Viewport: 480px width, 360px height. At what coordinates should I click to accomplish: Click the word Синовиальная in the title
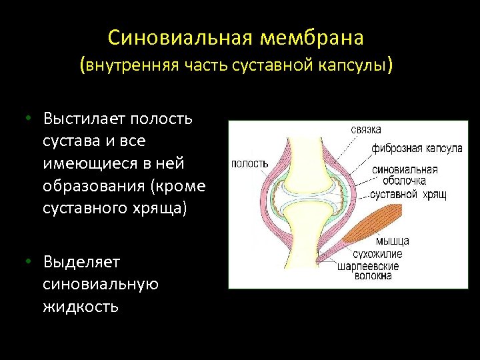(x=179, y=38)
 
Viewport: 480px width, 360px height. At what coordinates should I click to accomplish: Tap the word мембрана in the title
(x=311, y=38)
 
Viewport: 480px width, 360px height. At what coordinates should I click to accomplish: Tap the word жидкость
(x=81, y=307)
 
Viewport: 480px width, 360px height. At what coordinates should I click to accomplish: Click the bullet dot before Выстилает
(x=29, y=119)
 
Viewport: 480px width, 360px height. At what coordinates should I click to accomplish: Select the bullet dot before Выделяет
(x=29, y=261)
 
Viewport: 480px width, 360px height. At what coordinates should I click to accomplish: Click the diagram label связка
(x=366, y=129)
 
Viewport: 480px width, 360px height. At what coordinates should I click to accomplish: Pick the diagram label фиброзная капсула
(x=417, y=148)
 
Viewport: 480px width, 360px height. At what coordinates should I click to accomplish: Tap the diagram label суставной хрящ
(x=408, y=194)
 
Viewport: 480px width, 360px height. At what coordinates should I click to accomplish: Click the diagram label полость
(x=249, y=163)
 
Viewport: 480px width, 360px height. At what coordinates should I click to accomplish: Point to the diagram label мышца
(x=392, y=241)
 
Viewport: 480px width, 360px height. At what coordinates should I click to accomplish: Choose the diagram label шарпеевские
(x=368, y=266)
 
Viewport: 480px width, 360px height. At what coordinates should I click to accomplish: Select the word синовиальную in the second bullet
(x=100, y=284)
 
